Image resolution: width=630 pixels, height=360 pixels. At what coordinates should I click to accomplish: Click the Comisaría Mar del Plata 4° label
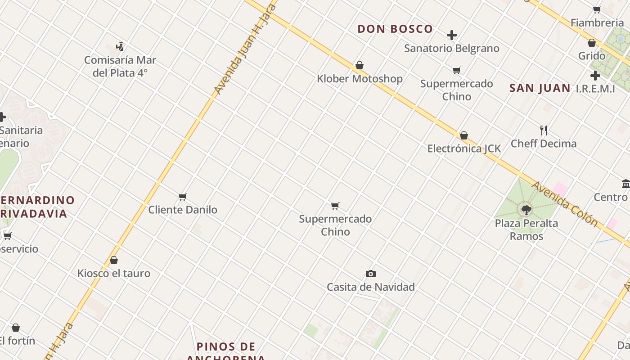(120, 66)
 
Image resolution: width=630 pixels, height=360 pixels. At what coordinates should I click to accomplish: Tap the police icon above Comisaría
(120, 46)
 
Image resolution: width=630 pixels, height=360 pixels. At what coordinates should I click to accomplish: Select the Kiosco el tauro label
(114, 273)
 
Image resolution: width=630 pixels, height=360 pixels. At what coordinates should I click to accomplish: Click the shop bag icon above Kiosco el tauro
(114, 260)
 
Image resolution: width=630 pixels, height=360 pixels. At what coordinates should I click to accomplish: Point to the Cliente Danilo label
(183, 210)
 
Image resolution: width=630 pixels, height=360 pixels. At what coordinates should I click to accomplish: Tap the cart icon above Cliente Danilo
(183, 197)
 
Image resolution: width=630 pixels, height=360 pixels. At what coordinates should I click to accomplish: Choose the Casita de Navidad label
(371, 287)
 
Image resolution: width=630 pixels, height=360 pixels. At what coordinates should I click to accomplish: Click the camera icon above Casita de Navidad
(371, 274)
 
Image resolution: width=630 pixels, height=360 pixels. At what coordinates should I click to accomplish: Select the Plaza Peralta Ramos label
(526, 229)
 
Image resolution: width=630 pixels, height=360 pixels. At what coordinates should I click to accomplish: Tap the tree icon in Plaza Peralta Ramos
(526, 209)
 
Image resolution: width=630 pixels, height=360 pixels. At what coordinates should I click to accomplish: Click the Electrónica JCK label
(464, 148)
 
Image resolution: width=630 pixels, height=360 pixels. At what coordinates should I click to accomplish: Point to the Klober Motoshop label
(360, 79)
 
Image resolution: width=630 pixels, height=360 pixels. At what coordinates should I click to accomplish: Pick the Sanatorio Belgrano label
(452, 48)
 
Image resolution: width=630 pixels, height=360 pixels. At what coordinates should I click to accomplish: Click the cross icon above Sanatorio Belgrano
(452, 35)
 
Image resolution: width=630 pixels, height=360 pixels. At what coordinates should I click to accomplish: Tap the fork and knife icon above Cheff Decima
(544, 130)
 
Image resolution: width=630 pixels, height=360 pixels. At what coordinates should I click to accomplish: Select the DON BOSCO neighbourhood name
(395, 29)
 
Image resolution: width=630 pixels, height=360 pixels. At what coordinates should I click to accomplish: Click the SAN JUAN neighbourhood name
(540, 88)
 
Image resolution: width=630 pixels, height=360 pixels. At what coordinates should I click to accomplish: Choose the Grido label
(592, 56)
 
